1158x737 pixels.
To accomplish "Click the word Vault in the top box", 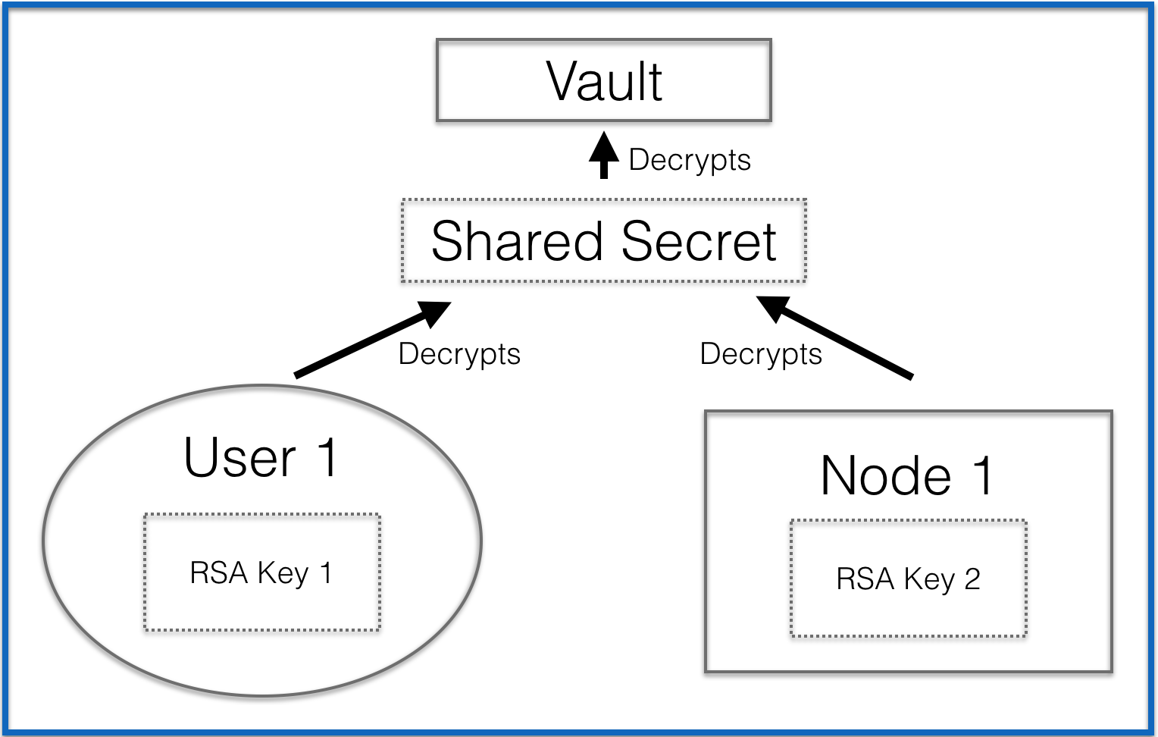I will pyautogui.click(x=604, y=81).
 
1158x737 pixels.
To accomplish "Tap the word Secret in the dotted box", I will pyautogui.click(x=699, y=241).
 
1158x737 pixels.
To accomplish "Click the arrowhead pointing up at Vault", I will pyautogui.click(x=604, y=146).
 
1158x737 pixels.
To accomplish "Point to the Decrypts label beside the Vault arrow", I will pyautogui.click(x=690, y=161).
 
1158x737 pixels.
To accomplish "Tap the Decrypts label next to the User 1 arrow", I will pyautogui.click(x=459, y=355).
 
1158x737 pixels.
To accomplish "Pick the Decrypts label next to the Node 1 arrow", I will pyautogui.click(x=761, y=355).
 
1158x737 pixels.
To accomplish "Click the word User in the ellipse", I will pyautogui.click(x=239, y=458).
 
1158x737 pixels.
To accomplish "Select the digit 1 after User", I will pyautogui.click(x=327, y=457).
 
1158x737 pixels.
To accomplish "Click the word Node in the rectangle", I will pyautogui.click(x=885, y=476).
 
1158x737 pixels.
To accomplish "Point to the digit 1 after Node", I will pyautogui.click(x=982, y=475).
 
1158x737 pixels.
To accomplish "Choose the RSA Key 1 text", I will pyautogui.click(x=261, y=573).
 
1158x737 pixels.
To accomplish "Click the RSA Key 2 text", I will pyautogui.click(x=908, y=579).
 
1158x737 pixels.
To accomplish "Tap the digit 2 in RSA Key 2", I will pyautogui.click(x=972, y=579).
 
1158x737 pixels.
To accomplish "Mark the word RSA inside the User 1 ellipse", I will pyautogui.click(x=218, y=573).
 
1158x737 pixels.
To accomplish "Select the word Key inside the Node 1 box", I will pyautogui.click(x=929, y=580).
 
